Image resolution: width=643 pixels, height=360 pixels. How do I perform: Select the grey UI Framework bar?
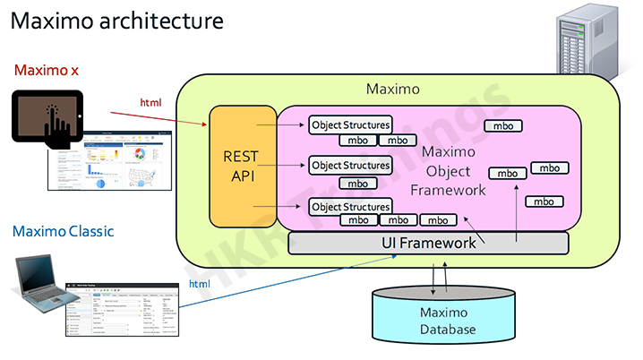(428, 243)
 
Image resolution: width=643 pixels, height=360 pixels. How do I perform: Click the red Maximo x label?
(46, 70)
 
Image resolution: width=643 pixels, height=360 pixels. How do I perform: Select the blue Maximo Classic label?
(63, 232)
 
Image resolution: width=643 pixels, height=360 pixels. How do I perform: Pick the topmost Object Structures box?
(350, 125)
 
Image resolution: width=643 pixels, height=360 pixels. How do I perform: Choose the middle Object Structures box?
(350, 166)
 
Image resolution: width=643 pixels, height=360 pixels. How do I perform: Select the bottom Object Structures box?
(350, 207)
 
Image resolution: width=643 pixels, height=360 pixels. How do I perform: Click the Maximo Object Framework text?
(448, 170)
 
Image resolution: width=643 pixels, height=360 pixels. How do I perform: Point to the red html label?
(150, 103)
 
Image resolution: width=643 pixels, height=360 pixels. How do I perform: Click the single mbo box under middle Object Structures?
(357, 183)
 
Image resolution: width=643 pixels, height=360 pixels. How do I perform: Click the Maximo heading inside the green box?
(393, 90)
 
